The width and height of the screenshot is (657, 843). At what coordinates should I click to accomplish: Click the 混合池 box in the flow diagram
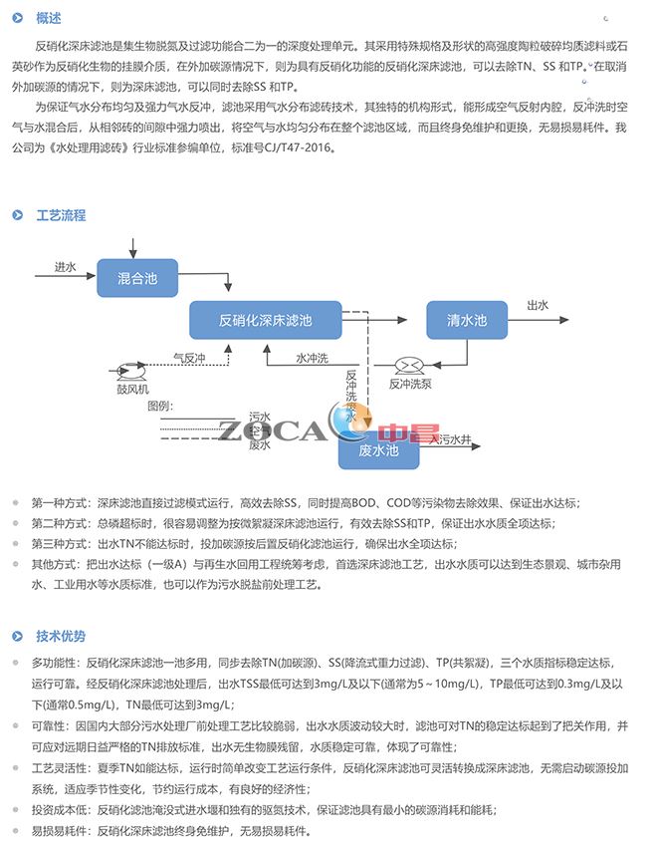tap(137, 277)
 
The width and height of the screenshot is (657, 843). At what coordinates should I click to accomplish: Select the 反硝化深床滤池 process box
tap(265, 320)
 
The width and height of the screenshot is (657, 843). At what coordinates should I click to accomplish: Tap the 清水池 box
tap(467, 320)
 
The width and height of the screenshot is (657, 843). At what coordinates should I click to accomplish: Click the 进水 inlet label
tap(65, 267)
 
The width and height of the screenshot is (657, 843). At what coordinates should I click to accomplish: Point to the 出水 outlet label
tap(538, 306)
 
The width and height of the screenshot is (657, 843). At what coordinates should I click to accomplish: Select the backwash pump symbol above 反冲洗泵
tap(408, 366)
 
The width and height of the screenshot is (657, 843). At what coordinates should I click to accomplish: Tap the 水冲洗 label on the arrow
tap(312, 358)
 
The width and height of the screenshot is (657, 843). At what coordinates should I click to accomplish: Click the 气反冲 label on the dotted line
tap(189, 358)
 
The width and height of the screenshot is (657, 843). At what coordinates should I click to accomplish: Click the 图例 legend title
tap(160, 405)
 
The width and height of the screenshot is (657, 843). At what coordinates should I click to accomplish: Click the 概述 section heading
tap(48, 18)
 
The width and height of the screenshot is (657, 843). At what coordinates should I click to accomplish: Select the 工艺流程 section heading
tap(61, 215)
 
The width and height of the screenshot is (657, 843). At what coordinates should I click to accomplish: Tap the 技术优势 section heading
tap(61, 636)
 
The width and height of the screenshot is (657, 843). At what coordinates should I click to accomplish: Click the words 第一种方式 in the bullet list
tap(58, 502)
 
